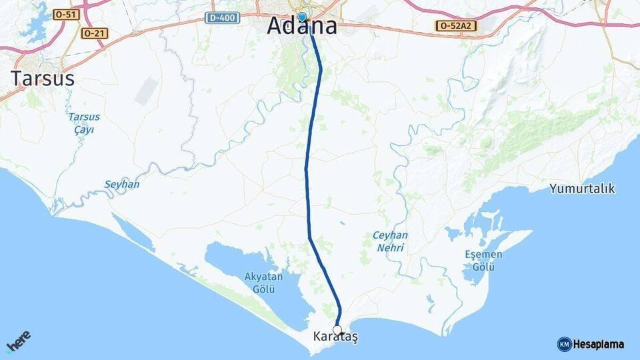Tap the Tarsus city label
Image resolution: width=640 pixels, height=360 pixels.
point(42,79)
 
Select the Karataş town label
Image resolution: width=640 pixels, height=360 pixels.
point(335,338)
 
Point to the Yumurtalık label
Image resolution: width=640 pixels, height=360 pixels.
point(582,189)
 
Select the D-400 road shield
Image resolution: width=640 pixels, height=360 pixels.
point(221,18)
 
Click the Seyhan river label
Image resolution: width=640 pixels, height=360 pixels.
point(122,184)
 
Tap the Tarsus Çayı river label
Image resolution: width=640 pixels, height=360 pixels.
point(83,123)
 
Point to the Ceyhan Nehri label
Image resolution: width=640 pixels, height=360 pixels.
point(390,241)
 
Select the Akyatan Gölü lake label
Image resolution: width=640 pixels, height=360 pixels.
point(264,283)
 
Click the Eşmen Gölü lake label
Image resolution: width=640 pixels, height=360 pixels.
point(483,261)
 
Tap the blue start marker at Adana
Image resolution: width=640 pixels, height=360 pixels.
point(302,17)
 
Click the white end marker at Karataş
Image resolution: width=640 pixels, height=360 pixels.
point(337,330)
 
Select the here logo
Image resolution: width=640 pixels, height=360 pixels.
point(18,342)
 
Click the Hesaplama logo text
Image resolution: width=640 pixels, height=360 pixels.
point(599,345)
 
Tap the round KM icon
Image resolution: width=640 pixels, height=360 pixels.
point(565,345)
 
